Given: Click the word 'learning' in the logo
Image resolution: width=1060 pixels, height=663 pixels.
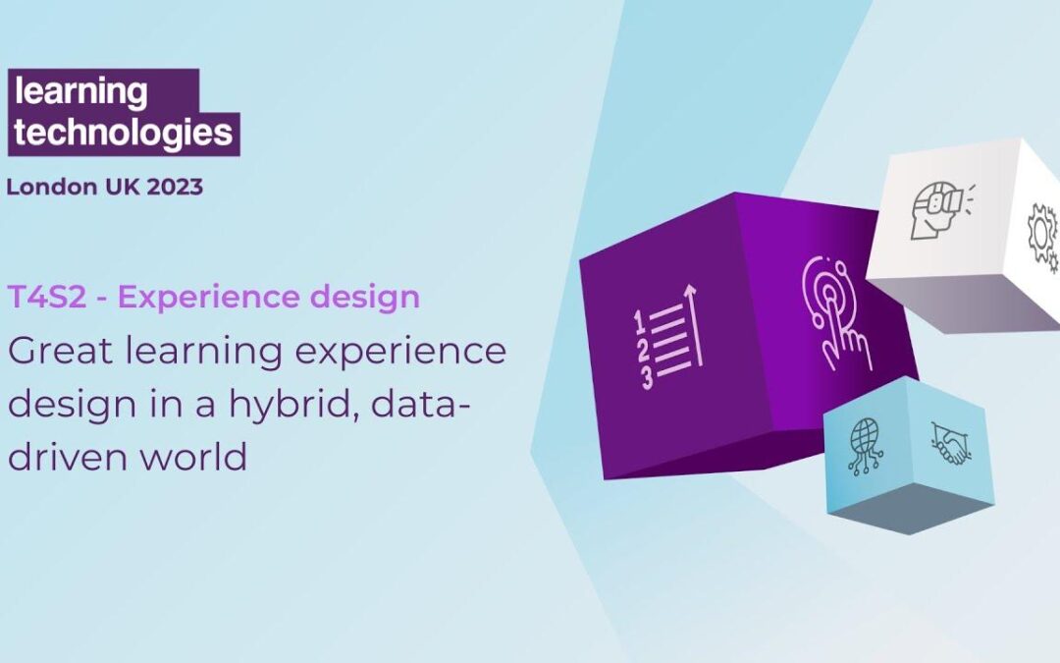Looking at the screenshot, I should click(x=80, y=93).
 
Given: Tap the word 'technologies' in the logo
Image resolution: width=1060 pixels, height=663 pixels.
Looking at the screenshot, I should click(x=124, y=133).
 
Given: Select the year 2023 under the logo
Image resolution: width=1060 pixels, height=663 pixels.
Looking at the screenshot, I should click(x=176, y=187).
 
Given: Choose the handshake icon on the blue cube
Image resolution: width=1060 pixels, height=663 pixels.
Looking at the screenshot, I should click(x=949, y=444).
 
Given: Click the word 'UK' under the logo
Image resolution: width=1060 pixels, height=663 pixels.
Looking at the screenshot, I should click(x=125, y=187).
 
